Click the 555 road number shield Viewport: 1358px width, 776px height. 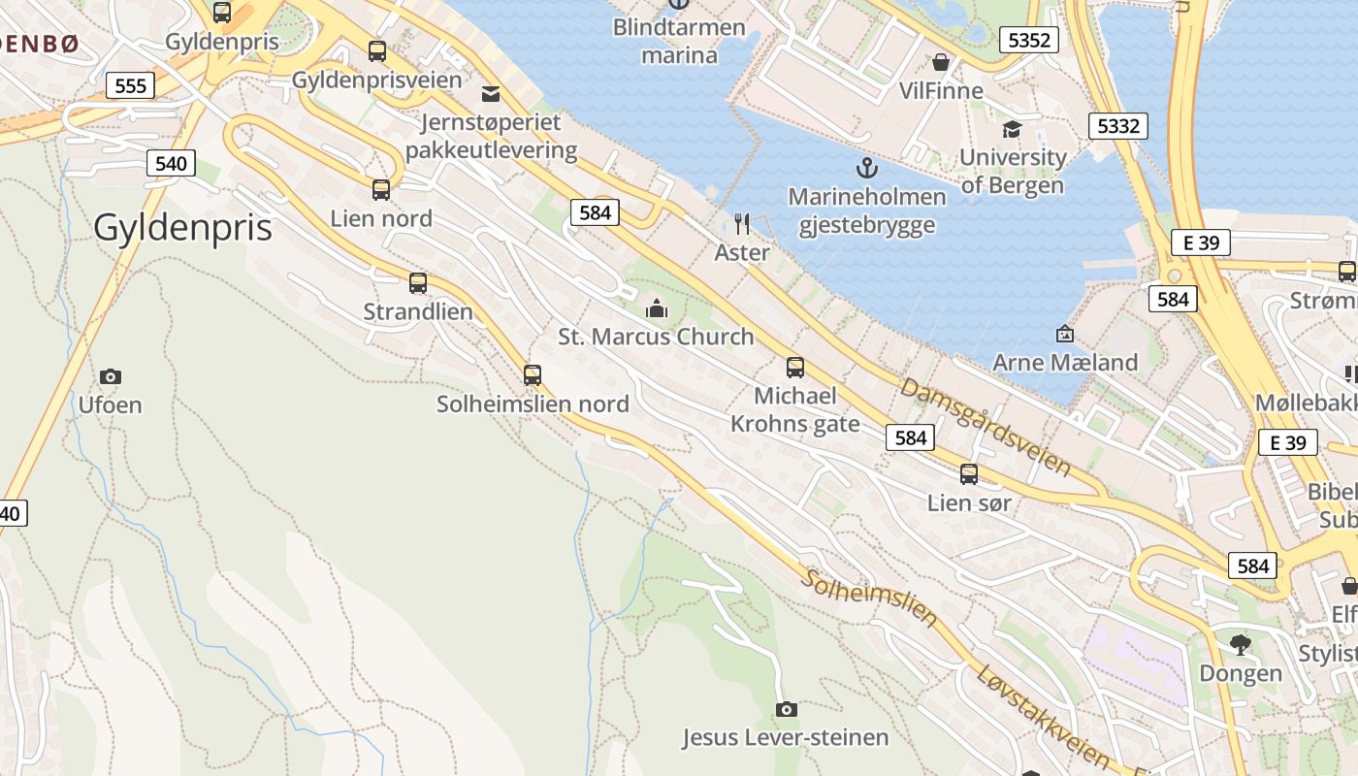tap(130, 85)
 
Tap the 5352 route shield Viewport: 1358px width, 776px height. tap(1029, 40)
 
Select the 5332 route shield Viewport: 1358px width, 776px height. tap(1118, 125)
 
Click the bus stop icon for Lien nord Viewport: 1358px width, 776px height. tap(381, 190)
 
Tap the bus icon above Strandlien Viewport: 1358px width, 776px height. tap(418, 283)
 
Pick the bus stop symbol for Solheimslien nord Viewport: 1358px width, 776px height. tap(533, 375)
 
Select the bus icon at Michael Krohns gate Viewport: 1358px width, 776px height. tap(795, 368)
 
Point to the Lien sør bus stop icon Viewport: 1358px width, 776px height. tap(969, 474)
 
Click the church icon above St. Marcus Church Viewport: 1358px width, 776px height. tap(657, 309)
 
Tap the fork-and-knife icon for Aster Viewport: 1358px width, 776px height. tap(742, 224)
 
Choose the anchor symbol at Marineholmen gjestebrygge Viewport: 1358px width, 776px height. tap(866, 169)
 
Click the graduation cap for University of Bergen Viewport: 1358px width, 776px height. tap(1012, 129)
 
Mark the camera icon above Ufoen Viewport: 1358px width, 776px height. tap(111, 376)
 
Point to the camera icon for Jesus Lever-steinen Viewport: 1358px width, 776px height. tap(787, 710)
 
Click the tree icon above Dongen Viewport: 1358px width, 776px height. tap(1240, 644)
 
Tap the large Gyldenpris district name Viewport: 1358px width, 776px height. tap(182, 227)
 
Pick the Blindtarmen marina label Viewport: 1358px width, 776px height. tap(679, 41)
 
